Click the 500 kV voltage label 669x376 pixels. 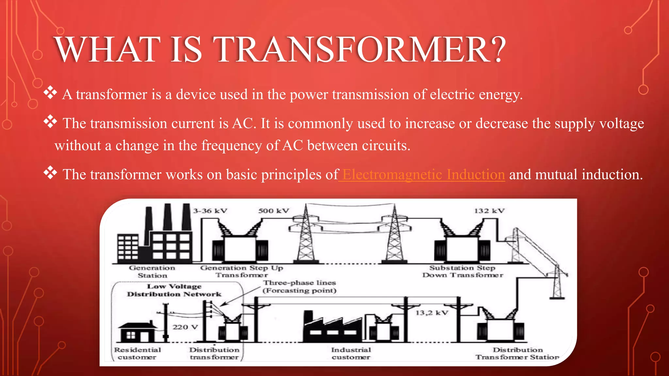[273, 211]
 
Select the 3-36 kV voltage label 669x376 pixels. [210, 211]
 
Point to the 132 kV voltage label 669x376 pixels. [489, 211]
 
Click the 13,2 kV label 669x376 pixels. [432, 313]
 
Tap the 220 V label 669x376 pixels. [185, 327]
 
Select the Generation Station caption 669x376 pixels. [152, 272]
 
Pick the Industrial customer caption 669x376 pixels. [351, 353]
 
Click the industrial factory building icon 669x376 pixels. [332, 328]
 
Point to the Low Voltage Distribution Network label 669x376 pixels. [174, 290]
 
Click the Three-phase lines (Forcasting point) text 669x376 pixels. [300, 287]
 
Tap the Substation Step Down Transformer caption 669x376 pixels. [463, 271]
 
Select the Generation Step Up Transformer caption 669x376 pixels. [242, 271]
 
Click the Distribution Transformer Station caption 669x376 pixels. [517, 353]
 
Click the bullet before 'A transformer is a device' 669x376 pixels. [50, 93]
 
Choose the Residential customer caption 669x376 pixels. [138, 353]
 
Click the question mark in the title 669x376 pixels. [499, 50]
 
